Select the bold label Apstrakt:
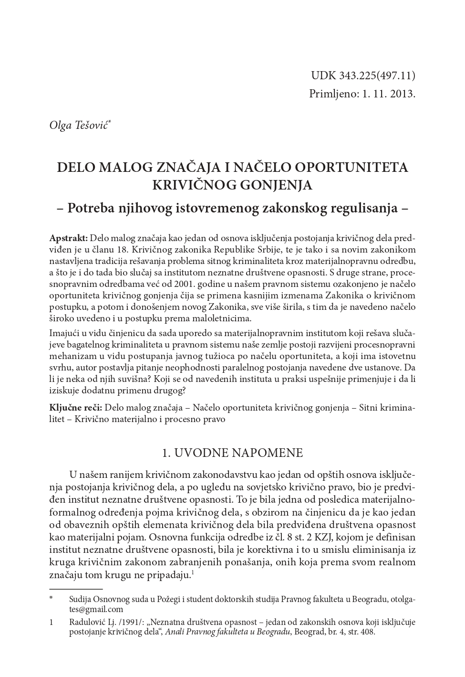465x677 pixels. (68, 238)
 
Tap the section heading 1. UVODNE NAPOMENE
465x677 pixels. (232, 453)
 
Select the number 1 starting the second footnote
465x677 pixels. (51, 622)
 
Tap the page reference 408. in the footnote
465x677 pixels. (368, 632)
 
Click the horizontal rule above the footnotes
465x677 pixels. (76, 590)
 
